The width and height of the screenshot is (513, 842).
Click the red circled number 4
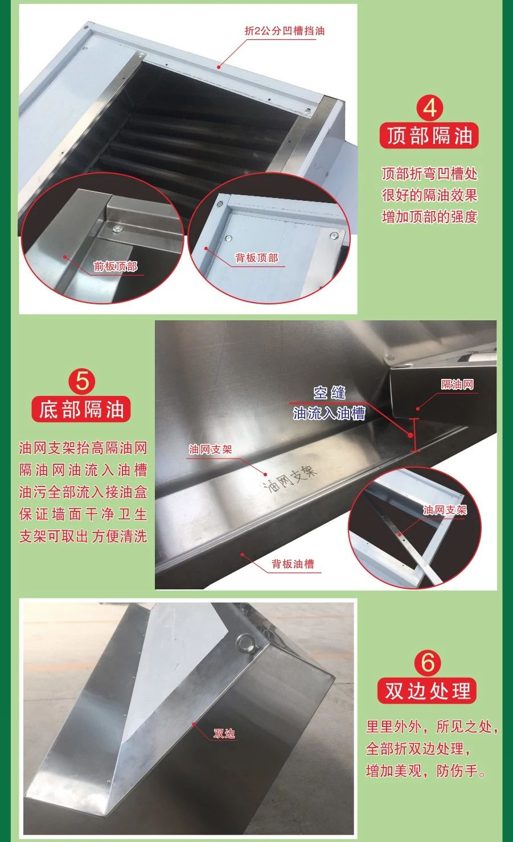coord(430,108)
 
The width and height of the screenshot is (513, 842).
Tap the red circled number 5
coord(82,382)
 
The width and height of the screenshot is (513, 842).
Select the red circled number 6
coord(428,662)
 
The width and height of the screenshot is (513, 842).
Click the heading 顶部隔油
coord(429,135)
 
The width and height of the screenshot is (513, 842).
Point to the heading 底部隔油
coord(81,409)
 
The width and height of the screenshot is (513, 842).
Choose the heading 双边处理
coord(427,690)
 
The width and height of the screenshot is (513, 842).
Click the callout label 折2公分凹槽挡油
coord(284,31)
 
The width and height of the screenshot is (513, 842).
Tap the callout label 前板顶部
coord(116,266)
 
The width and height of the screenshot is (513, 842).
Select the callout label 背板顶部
coord(257,258)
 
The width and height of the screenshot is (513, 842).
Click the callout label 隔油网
coord(457,384)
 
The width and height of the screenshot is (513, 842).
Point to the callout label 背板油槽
coord(293,564)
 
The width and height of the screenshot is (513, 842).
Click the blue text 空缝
coord(330,393)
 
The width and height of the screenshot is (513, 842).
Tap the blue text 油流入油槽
coord(329,414)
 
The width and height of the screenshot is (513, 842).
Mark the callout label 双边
coord(224,733)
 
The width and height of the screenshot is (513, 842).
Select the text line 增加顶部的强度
coord(430,217)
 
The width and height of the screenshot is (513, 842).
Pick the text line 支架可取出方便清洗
coord(83,536)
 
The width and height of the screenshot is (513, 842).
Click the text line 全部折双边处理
coord(418,748)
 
